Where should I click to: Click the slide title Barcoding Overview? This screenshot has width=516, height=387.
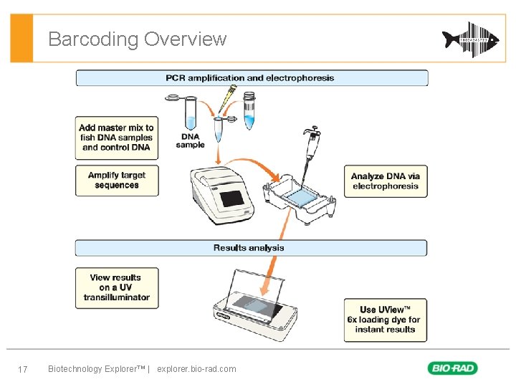137,39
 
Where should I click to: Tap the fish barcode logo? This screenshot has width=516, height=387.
470,39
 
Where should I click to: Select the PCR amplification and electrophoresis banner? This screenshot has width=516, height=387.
252,78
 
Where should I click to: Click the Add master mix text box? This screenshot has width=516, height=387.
117,138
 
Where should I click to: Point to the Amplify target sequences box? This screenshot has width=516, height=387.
117,181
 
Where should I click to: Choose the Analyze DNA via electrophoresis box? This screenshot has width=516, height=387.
386,181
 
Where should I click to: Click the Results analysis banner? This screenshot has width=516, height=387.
252,248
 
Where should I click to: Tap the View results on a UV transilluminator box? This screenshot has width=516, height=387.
117,287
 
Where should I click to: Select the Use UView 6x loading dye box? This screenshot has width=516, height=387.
385,320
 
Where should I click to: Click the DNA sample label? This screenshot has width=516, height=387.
190,140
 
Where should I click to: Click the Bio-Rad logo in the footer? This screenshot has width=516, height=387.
452,368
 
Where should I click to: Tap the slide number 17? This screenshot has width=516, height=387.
22,369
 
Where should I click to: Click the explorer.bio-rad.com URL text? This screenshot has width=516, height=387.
196,369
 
